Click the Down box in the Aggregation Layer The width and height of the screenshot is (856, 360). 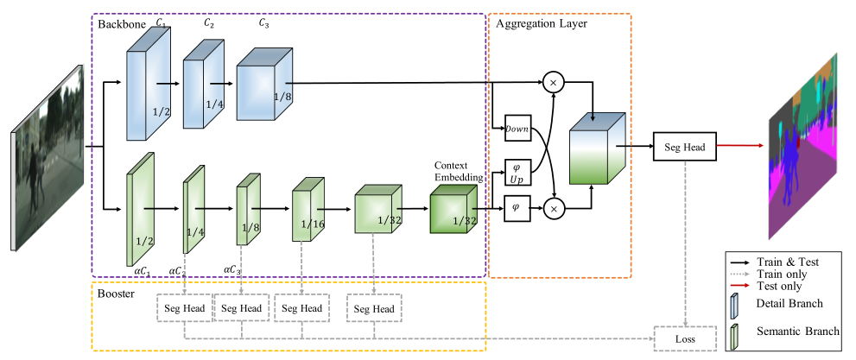(516, 129)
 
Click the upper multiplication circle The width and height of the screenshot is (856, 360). (552, 84)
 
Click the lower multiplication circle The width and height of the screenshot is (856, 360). (552, 208)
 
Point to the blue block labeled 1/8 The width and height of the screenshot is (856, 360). (265, 91)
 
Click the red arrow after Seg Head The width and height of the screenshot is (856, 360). (744, 148)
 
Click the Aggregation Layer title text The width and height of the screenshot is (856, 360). (542, 23)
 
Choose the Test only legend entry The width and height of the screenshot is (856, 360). (780, 286)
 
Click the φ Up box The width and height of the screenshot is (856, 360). (516, 172)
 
